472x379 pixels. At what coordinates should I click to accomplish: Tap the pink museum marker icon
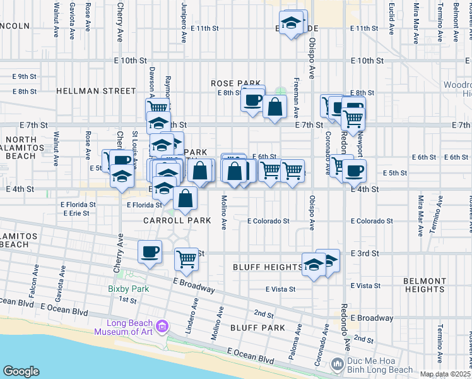point(163,326)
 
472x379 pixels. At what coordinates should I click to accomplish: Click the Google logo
point(21,371)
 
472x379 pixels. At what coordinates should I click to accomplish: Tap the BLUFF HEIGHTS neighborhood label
point(268,267)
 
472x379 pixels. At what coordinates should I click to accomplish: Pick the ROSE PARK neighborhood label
point(236,83)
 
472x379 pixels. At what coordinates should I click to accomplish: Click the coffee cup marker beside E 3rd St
point(150,253)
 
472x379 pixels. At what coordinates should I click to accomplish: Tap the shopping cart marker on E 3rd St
point(186,258)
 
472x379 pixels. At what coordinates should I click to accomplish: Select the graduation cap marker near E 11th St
point(290,24)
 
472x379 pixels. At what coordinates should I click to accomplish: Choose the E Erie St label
point(76,214)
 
